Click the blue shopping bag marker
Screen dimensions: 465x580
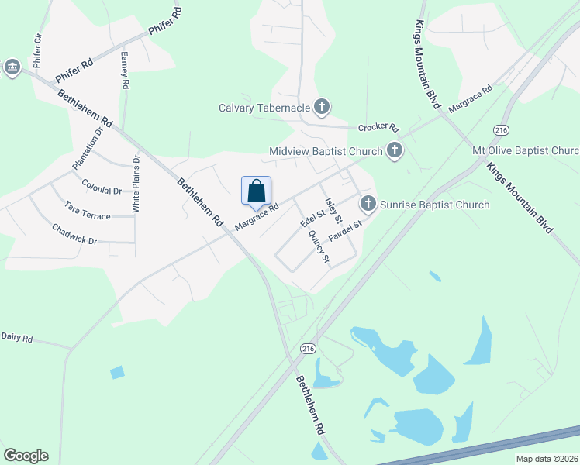(257, 191)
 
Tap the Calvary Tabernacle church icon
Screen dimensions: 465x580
(322, 108)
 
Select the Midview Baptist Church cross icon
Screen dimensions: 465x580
(395, 150)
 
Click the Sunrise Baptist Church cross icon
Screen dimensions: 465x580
(368, 205)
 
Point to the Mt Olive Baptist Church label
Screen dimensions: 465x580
(526, 150)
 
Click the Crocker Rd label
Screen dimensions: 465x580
(378, 128)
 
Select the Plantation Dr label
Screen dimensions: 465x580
(88, 148)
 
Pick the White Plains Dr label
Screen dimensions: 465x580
(136, 184)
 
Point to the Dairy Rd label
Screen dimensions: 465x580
(16, 337)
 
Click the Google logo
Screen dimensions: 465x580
(26, 455)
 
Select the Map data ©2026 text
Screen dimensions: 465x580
(547, 458)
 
